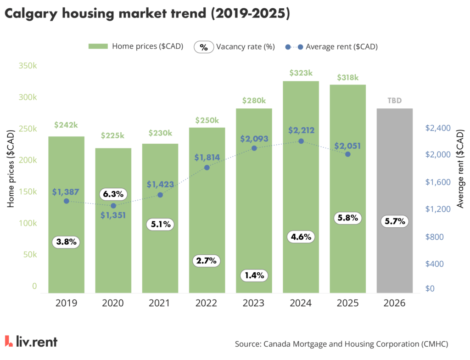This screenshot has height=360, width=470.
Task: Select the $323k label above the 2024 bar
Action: (x=301, y=73)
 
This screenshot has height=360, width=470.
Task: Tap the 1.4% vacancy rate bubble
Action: (x=254, y=276)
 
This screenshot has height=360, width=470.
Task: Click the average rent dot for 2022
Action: (x=207, y=168)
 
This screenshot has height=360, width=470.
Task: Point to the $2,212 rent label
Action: (x=301, y=130)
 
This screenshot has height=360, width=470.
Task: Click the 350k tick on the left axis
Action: (x=28, y=66)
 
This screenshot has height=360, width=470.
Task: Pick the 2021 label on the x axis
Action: (x=160, y=304)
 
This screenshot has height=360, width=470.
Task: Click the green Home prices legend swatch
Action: (x=97, y=46)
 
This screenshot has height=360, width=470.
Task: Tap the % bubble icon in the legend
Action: (x=204, y=46)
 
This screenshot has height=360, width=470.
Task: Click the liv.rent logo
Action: (x=31, y=342)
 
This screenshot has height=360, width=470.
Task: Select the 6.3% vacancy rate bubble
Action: (x=113, y=194)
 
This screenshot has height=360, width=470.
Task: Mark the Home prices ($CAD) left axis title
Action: (x=11, y=169)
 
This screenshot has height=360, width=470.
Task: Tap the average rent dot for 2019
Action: (x=67, y=201)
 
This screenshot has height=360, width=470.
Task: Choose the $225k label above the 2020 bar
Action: (x=113, y=136)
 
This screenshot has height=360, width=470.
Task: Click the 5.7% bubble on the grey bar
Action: (x=394, y=221)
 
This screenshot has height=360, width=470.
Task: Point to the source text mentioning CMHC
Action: (x=341, y=343)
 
